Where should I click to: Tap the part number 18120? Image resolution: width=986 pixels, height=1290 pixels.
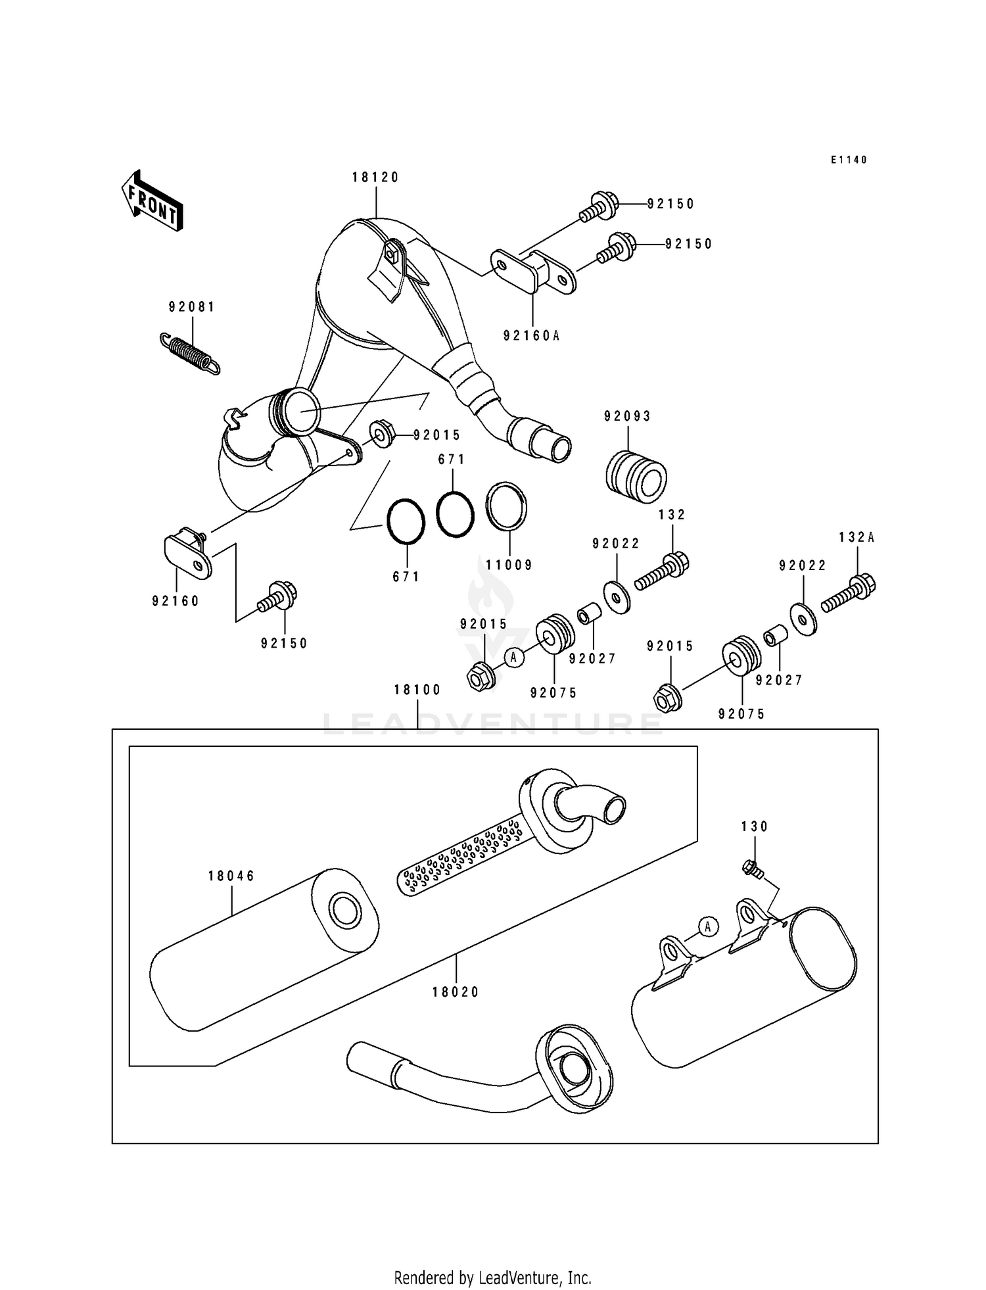[x=375, y=177]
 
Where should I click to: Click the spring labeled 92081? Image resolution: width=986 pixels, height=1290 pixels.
[x=191, y=355]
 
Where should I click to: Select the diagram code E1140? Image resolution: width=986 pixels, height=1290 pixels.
[x=849, y=160]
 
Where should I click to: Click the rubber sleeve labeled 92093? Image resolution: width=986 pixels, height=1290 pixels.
[x=634, y=469]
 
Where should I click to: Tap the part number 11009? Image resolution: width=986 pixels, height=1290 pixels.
[x=509, y=565]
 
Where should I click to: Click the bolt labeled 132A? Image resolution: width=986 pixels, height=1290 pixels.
[x=848, y=594]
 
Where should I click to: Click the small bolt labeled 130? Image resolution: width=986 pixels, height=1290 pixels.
[x=752, y=869]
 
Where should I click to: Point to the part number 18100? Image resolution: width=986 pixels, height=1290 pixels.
[x=417, y=690]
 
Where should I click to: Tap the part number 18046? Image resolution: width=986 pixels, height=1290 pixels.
[x=231, y=876]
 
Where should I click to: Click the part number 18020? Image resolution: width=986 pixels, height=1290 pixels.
[x=456, y=992]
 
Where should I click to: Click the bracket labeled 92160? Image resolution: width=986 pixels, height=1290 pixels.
[x=187, y=554]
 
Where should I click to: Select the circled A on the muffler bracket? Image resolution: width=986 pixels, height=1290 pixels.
[x=707, y=926]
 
